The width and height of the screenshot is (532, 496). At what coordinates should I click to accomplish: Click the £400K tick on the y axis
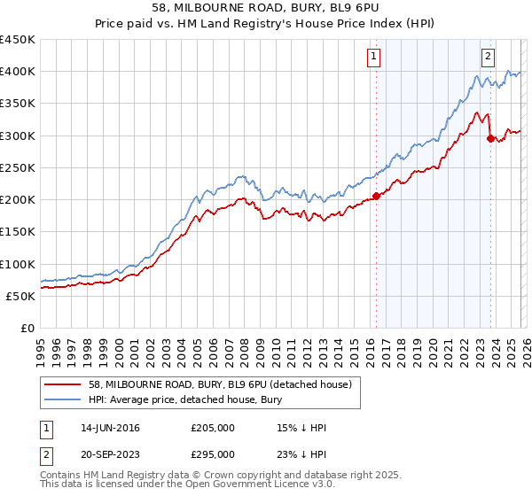click(x=18, y=72)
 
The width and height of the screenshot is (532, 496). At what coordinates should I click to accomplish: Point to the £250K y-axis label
click(x=18, y=167)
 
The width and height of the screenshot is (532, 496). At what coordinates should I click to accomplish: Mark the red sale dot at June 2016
click(x=376, y=197)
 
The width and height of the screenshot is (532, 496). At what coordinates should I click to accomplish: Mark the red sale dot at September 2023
click(x=490, y=138)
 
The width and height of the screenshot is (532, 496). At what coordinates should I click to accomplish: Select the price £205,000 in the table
click(x=213, y=428)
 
